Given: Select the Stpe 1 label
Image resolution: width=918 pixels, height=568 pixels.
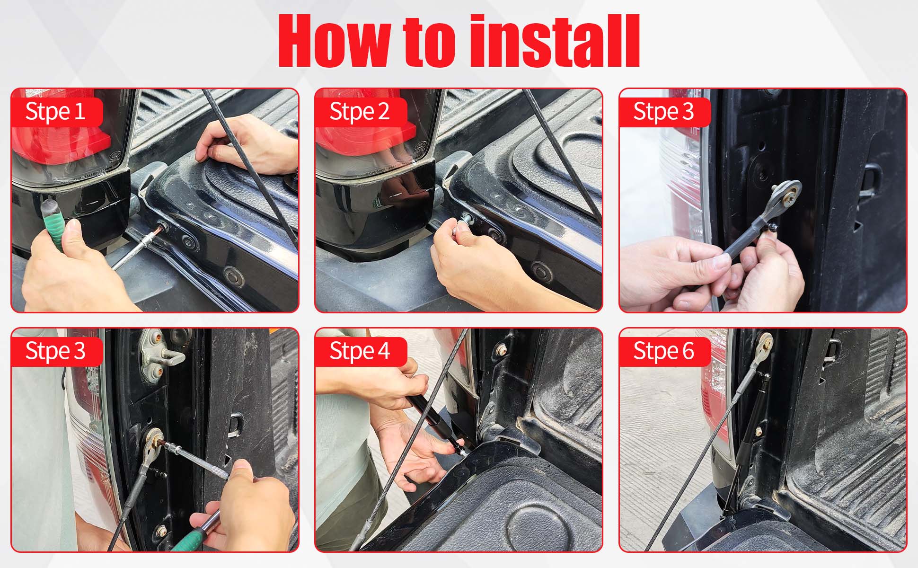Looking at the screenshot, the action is point(55,112).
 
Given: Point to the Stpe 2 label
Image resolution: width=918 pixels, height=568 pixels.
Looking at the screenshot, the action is point(360,112).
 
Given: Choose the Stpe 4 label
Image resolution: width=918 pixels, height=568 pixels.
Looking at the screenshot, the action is point(360,351).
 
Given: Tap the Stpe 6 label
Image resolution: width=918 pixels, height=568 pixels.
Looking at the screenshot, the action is point(663,351).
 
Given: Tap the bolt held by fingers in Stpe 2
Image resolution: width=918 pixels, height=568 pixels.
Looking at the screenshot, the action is point(466,220).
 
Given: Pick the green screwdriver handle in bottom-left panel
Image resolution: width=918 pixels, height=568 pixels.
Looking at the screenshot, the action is point(189,540).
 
